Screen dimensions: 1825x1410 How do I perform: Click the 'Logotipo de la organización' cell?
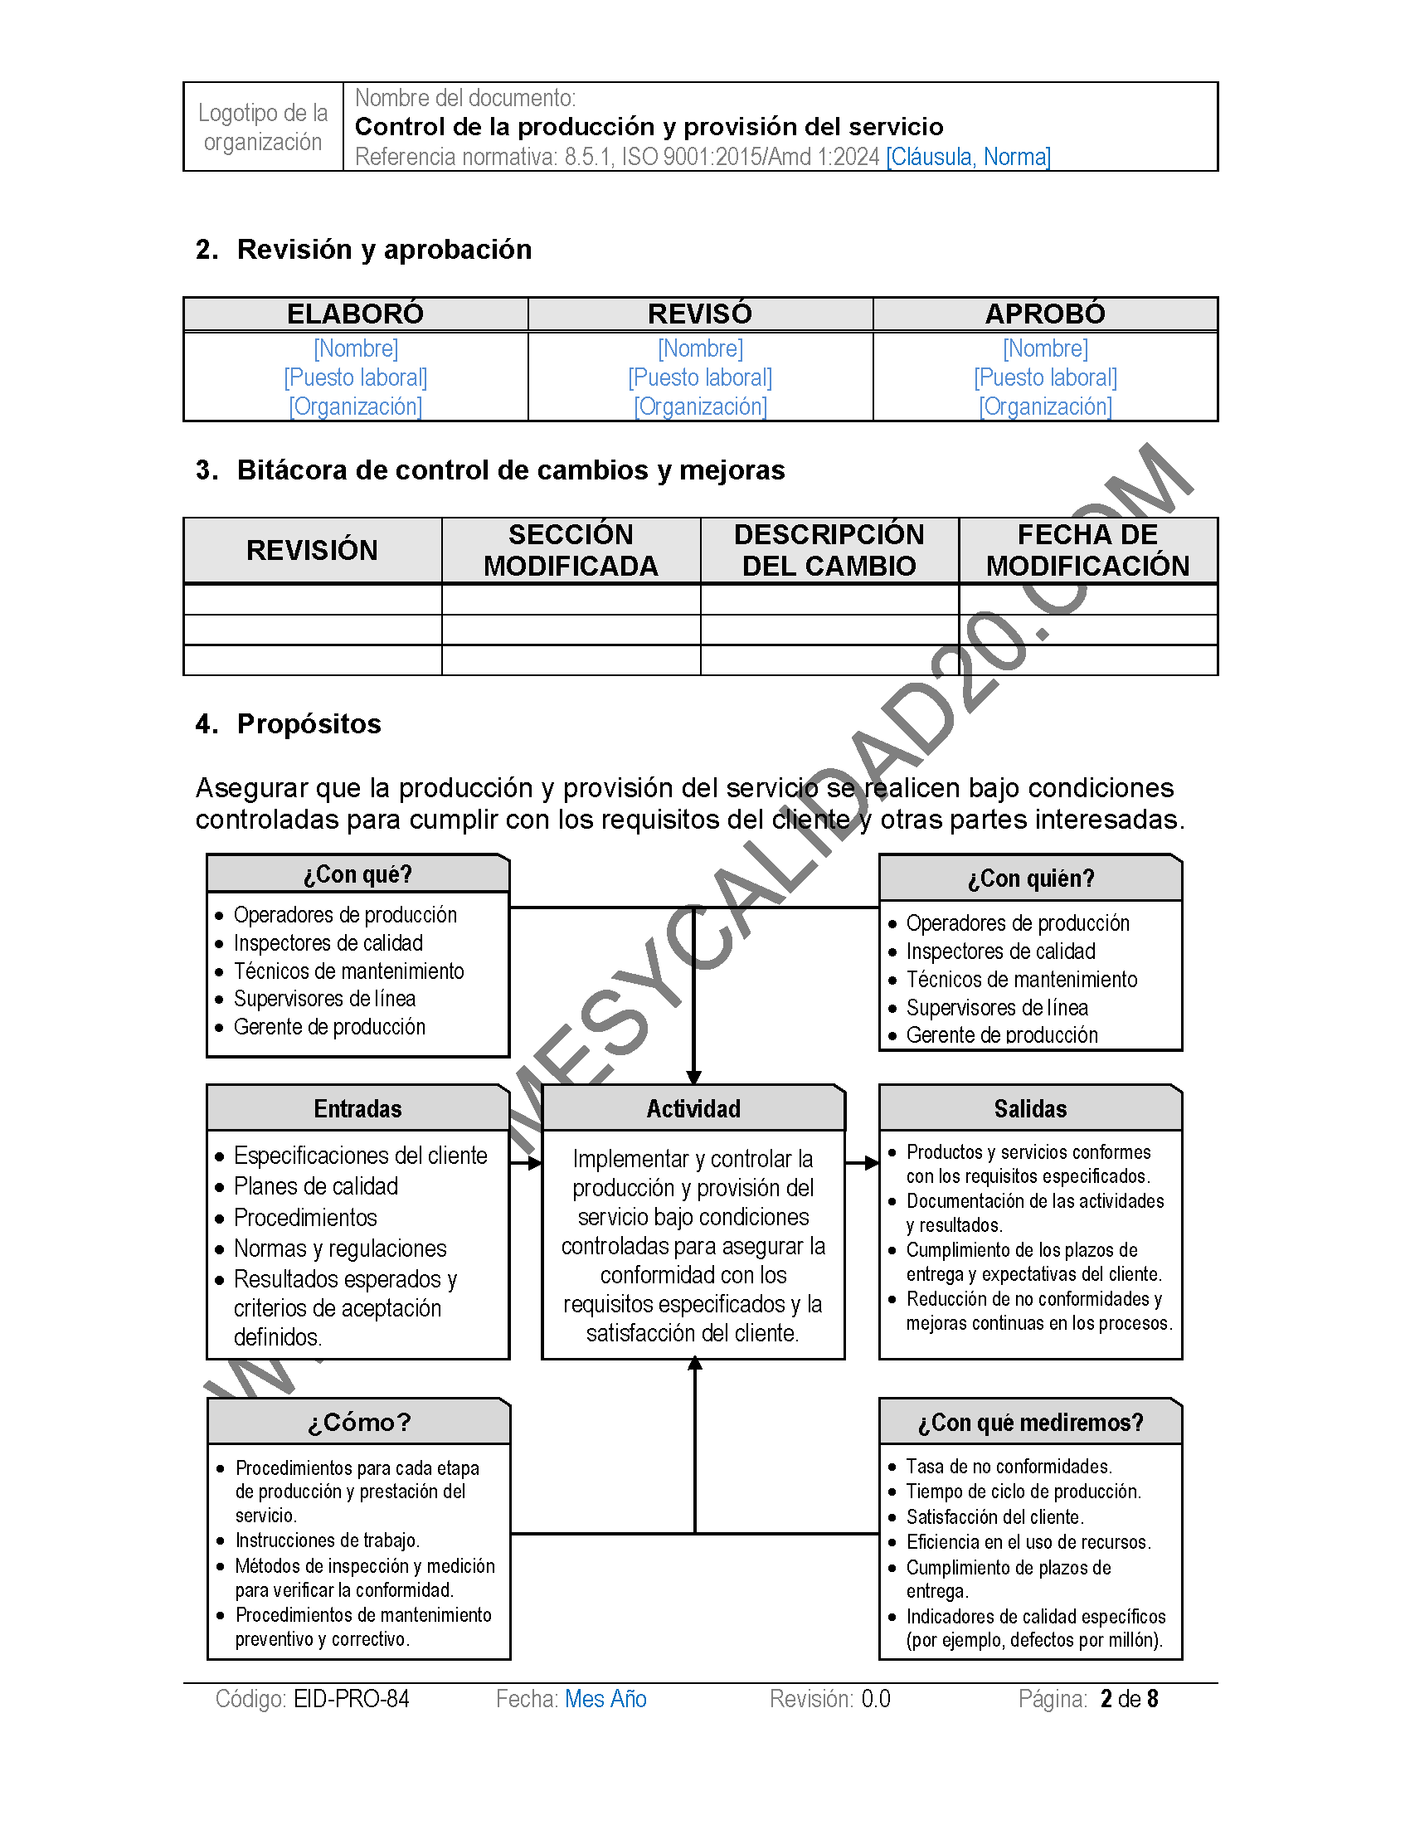pyautogui.click(x=263, y=127)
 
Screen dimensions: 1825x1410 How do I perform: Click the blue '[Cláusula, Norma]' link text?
pyautogui.click(x=968, y=156)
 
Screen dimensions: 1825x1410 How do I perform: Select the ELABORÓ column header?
pyautogui.click(x=355, y=314)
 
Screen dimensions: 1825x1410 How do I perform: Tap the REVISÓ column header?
pyautogui.click(x=700, y=314)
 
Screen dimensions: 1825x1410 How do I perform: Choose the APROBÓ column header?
pyautogui.click(x=1045, y=314)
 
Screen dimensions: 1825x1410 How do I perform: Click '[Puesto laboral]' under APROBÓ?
pyautogui.click(x=1045, y=377)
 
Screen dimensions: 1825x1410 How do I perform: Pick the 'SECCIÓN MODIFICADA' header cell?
pyautogui.click(x=571, y=550)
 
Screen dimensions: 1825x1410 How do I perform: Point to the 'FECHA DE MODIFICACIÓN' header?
pyautogui.click(x=1087, y=550)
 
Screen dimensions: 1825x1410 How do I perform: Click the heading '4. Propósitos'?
pyautogui.click(x=288, y=723)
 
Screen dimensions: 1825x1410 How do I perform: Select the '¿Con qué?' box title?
pyautogui.click(x=357, y=874)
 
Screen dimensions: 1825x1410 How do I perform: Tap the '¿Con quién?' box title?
pyautogui.click(x=1030, y=878)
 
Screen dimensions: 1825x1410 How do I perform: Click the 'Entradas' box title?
pyautogui.click(x=357, y=1109)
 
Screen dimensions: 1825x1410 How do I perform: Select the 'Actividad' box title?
pyautogui.click(x=693, y=1109)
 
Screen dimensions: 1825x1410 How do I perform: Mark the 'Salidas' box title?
pyautogui.click(x=1030, y=1109)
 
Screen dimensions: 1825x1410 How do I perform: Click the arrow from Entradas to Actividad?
pyautogui.click(x=526, y=1163)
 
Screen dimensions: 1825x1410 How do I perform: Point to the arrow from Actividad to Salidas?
pyautogui.click(x=862, y=1162)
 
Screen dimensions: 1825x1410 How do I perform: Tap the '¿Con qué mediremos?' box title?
pyautogui.click(x=1030, y=1422)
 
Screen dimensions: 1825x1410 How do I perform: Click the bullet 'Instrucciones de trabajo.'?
pyautogui.click(x=328, y=1540)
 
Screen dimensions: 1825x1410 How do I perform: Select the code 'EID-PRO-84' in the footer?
pyautogui.click(x=351, y=1699)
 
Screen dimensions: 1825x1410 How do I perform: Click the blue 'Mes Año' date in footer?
pyautogui.click(x=605, y=1699)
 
